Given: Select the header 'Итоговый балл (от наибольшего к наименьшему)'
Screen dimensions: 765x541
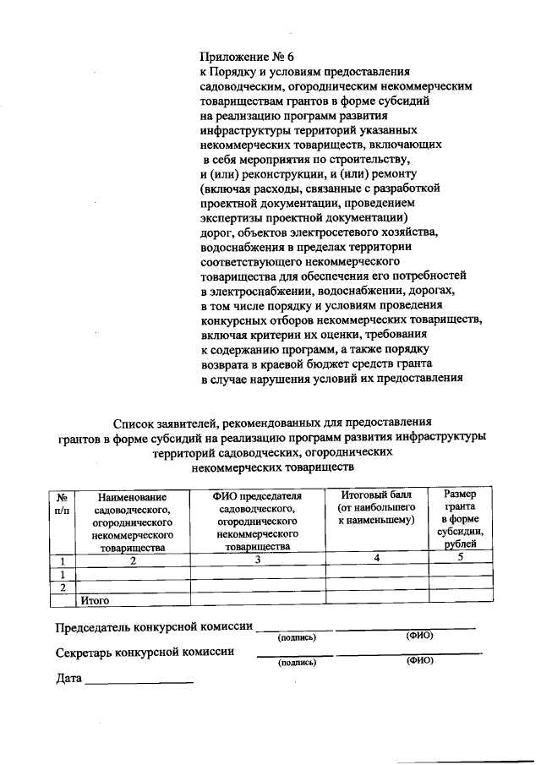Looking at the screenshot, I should tap(376, 507).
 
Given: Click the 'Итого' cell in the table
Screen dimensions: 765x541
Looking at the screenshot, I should tap(96, 601).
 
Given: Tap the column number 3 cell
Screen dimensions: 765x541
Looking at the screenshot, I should tap(258, 560).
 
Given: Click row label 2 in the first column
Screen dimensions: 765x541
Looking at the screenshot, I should tap(63, 587).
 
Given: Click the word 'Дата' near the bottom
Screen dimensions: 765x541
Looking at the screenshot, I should tap(69, 679).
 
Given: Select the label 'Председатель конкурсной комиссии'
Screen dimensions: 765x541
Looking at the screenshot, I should tap(155, 628).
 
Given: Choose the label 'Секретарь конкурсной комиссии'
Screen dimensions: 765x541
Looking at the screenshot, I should tap(145, 653).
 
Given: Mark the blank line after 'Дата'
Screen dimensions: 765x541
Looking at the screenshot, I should tap(139, 681).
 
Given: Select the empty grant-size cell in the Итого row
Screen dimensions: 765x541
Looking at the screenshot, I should tap(461, 599).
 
